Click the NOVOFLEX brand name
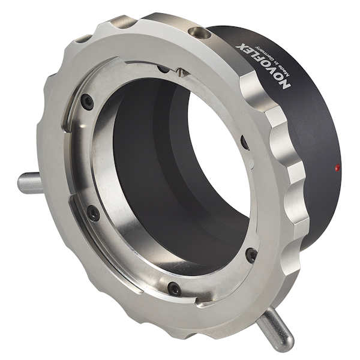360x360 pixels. click(263, 67)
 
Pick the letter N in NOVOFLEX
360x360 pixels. click(285, 86)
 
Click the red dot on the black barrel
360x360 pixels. click(337, 167)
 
